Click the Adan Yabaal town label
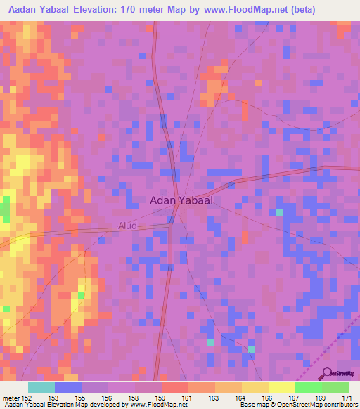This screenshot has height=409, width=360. click(x=182, y=200)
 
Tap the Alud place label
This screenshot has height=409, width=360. click(x=127, y=226)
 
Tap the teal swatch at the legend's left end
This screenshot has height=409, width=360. click(x=41, y=387)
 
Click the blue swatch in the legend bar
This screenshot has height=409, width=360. click(x=68, y=387)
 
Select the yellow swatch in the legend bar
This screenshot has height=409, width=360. click(x=282, y=387)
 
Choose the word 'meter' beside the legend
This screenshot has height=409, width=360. click(x=9, y=398)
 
